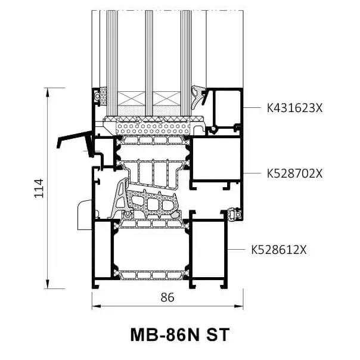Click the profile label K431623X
(294, 108)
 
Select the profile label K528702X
(294, 173)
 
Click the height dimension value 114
(39, 188)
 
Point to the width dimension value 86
(167, 298)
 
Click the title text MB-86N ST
(179, 334)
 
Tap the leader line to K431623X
(253, 108)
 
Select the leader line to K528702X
(253, 173)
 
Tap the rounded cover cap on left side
(84, 215)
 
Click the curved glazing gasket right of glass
(198, 95)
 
